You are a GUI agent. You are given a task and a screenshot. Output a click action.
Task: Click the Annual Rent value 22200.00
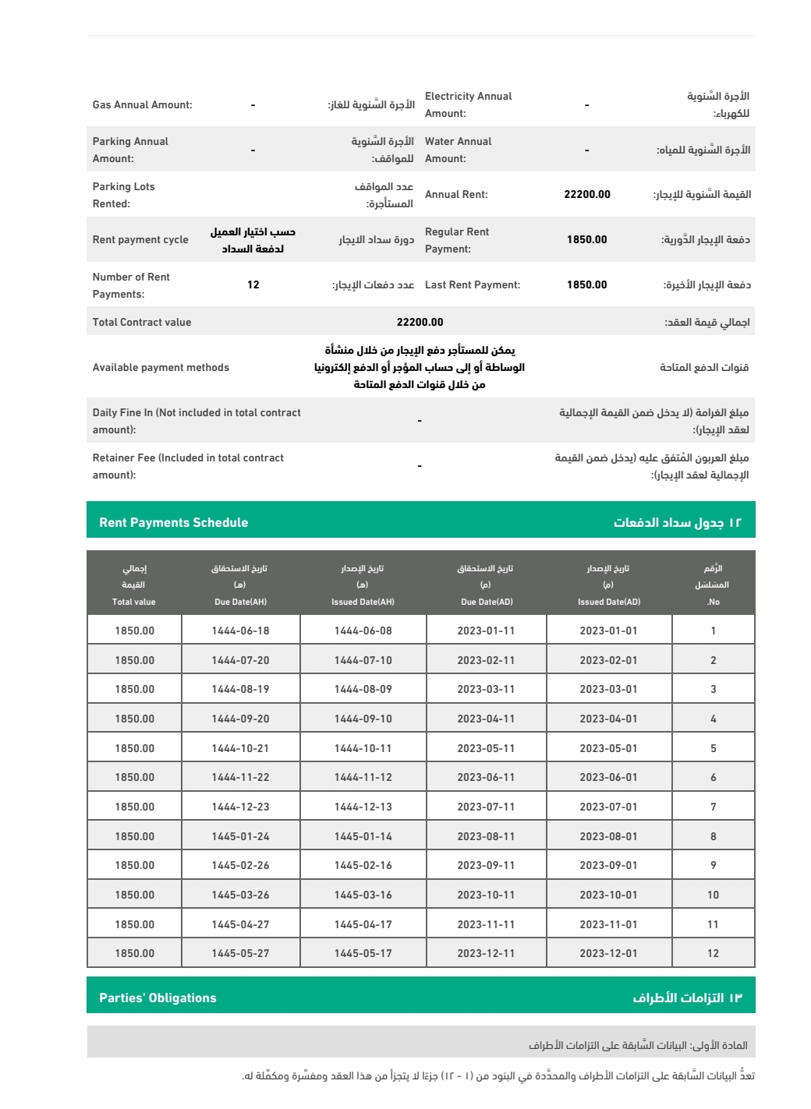587,194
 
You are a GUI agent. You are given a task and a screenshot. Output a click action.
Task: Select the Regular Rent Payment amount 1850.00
587,239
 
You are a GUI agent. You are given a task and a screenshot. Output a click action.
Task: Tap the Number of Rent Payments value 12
253,284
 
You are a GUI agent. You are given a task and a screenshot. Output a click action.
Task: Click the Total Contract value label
142,322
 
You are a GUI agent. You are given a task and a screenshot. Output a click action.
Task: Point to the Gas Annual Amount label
143,104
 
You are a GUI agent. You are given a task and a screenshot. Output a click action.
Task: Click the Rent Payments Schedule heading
174,522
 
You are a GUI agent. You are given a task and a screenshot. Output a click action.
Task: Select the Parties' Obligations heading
158,998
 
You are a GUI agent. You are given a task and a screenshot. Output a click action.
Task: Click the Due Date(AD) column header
487,602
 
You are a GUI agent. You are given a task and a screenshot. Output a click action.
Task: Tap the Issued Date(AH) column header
363,602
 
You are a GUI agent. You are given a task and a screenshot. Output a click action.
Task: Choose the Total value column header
134,602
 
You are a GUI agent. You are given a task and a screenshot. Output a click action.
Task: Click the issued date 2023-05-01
608,748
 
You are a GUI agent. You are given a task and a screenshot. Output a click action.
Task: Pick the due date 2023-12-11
486,953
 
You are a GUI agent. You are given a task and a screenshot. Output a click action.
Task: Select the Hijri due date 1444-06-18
240,630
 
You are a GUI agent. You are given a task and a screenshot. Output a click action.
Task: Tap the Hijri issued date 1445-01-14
363,836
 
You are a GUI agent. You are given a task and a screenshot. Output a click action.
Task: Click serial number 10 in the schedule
713,895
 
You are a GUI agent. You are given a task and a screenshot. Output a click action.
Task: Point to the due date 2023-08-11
486,836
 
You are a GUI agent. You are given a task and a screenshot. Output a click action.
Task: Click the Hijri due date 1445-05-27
240,953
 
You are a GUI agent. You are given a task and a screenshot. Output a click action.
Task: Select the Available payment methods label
161,367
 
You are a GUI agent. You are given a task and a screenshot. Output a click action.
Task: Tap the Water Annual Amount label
458,150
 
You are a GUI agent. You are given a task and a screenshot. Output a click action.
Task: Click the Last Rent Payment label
473,284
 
